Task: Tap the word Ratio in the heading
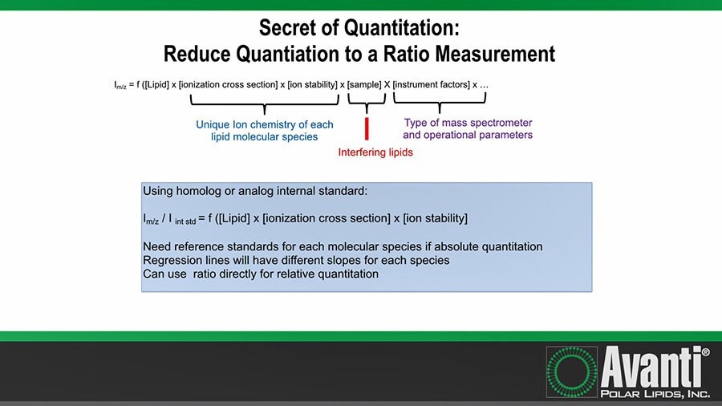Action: (x=406, y=54)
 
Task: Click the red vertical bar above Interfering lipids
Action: (x=367, y=128)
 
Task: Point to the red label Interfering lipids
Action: (x=375, y=152)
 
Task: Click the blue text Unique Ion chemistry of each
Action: (x=264, y=124)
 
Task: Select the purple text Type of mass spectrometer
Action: (x=468, y=123)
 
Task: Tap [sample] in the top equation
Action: (x=364, y=85)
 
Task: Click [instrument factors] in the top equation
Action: (x=432, y=85)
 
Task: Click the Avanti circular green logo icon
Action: (x=571, y=372)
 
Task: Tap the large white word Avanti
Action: (x=650, y=368)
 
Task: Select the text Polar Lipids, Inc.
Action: (x=655, y=394)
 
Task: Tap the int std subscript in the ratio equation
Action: (x=185, y=222)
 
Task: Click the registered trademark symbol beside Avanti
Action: (x=705, y=352)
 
